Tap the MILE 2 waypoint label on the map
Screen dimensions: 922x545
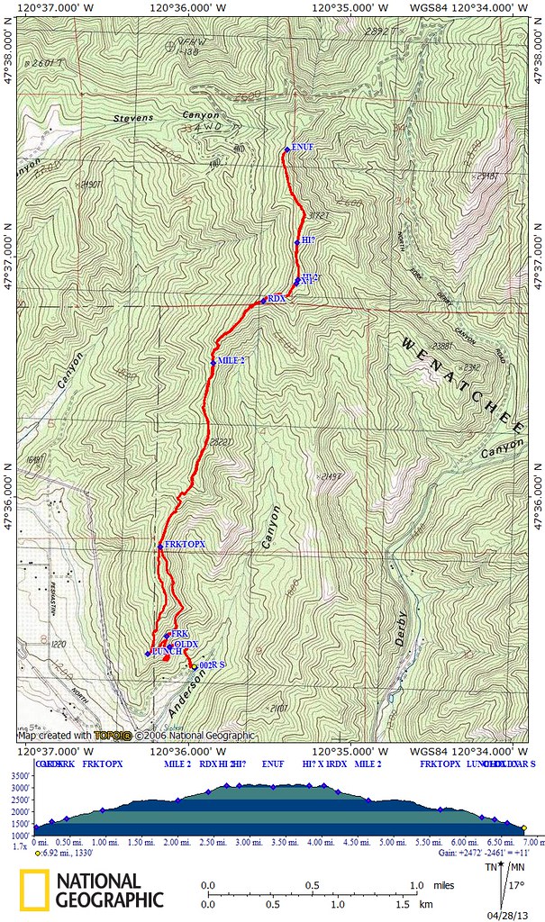tap(230, 362)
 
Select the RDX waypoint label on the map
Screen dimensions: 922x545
tap(276, 298)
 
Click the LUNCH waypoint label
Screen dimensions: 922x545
tap(167, 651)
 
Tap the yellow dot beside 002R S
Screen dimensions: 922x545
tap(193, 667)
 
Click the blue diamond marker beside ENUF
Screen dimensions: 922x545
tap(286, 149)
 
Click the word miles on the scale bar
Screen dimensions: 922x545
tap(436, 884)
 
